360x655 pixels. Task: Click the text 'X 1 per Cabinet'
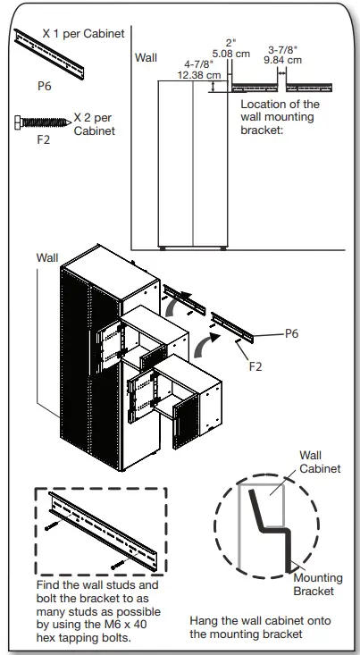85,33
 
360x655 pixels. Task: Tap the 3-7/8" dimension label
283,50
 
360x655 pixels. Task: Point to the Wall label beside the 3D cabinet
47,256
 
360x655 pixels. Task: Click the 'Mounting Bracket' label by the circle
319,584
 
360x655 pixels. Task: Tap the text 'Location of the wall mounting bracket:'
280,117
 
